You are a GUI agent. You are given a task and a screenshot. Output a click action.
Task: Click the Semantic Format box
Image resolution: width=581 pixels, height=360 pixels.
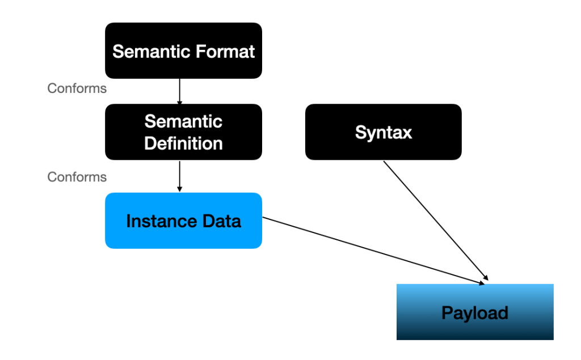[x=183, y=50]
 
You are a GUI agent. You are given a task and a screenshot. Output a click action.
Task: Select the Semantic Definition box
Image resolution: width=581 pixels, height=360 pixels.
[x=183, y=132]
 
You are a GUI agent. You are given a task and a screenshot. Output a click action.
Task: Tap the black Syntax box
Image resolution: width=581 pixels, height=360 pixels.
[x=383, y=132]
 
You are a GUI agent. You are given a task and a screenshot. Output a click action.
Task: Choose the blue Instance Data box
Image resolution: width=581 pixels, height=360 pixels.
[x=183, y=221]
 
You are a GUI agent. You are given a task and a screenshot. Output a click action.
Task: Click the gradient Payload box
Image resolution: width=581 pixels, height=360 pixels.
[x=474, y=312]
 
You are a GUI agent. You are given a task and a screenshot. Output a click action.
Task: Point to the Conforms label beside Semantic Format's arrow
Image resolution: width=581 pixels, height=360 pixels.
[x=77, y=88]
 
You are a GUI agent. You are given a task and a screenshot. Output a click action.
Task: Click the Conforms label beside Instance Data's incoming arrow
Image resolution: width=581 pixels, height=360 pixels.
[x=77, y=177]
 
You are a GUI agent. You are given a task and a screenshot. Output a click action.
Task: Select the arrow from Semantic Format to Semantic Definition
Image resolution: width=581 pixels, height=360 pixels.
[x=179, y=91]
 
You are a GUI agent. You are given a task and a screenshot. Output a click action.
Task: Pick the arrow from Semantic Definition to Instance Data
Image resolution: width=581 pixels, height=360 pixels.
[x=179, y=176]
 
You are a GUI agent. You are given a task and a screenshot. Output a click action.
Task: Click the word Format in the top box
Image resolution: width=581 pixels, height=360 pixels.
[x=225, y=52]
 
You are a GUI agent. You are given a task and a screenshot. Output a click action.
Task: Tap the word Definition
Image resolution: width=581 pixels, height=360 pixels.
[x=183, y=143]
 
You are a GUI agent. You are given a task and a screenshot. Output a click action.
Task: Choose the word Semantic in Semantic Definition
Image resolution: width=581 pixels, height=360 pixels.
[x=183, y=121]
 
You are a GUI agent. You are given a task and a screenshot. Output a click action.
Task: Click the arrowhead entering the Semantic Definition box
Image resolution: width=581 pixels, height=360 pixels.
[x=179, y=102]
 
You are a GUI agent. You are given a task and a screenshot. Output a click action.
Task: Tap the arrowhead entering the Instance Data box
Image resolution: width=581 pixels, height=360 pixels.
[x=179, y=189]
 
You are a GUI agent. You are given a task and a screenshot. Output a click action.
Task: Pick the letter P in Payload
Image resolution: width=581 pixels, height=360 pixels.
[x=447, y=312]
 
